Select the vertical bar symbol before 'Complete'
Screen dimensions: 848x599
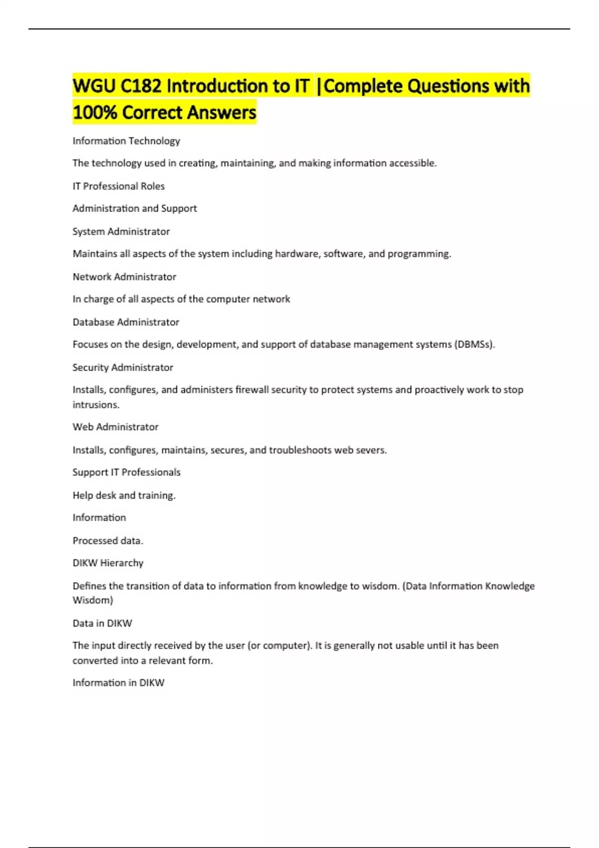(318, 86)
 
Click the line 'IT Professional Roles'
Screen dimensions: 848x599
(118, 186)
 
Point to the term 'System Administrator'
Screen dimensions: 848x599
(121, 231)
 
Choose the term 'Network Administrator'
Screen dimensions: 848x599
(124, 277)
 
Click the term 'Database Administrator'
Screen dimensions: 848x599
(126, 322)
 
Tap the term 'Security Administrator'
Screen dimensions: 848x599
(123, 368)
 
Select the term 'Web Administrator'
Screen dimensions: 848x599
(115, 427)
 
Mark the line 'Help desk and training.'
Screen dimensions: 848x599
(124, 495)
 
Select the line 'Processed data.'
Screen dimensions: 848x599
(108, 541)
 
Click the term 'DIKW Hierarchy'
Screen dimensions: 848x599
(108, 563)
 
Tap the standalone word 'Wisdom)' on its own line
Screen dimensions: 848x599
(93, 600)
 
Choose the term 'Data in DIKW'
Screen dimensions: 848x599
(102, 624)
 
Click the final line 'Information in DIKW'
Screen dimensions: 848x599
(118, 683)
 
